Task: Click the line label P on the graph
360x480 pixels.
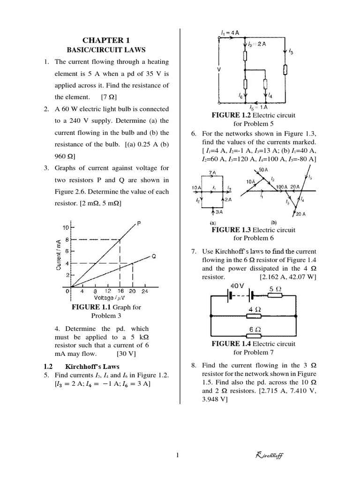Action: pos(139,224)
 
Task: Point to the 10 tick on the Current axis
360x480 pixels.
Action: pos(66,227)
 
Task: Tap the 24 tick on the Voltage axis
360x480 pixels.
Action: pos(144,291)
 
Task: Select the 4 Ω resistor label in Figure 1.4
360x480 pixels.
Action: pos(254,309)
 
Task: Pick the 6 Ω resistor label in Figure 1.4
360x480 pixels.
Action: pos(254,329)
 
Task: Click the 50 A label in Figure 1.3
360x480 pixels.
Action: pos(262,169)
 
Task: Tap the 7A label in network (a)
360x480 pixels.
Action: pos(213,172)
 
